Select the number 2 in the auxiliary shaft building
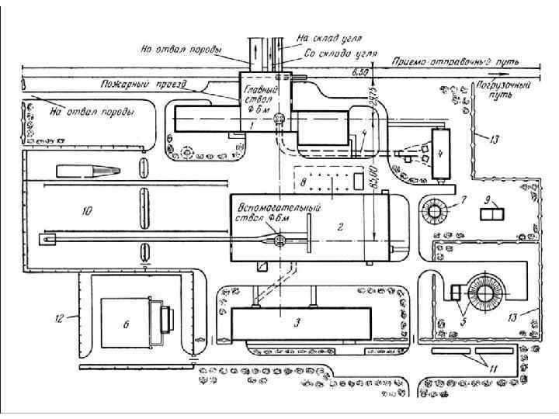340,227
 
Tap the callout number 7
463,201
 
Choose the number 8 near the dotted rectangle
303,182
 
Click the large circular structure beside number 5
490,292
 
